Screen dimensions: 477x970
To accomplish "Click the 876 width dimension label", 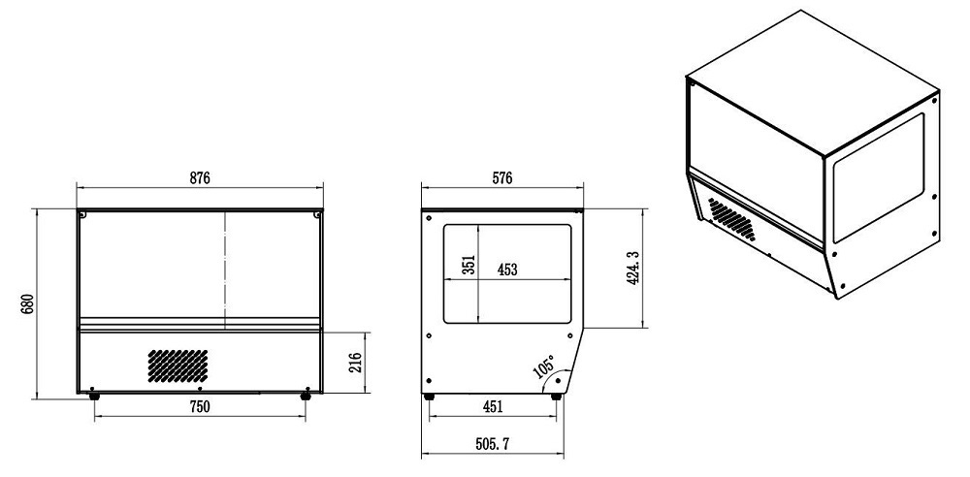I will [200, 178].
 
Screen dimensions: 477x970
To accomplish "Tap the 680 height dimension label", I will [28, 303].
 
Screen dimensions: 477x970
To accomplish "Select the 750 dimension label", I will [199, 407].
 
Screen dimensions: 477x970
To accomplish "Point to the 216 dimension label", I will [355, 364].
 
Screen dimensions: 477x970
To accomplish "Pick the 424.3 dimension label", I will [633, 268].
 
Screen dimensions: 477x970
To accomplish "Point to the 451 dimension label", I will [493, 407].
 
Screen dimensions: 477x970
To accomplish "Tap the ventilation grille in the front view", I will [178, 365].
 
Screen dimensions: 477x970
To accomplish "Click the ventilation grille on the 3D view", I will [730, 219].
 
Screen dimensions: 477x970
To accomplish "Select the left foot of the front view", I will [94, 396].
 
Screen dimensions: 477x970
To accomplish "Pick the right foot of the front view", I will [306, 396].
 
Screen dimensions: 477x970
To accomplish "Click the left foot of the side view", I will [430, 396].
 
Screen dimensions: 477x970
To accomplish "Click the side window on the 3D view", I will [878, 177].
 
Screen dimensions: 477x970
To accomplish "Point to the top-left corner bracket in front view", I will [83, 214].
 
